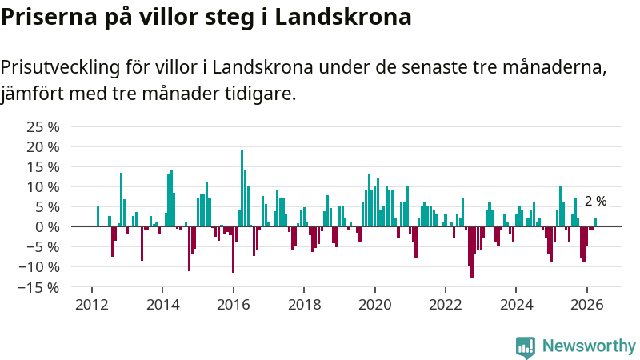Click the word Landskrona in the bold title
(343, 17)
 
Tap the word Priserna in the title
(49, 17)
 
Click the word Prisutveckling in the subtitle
(60, 68)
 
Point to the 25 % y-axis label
(43, 127)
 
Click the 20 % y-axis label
(43, 147)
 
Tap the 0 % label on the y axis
(47, 227)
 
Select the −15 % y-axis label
(38, 288)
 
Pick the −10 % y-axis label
(38, 267)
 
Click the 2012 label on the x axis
(92, 305)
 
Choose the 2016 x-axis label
(233, 305)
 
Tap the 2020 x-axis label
(374, 305)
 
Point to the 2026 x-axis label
(587, 305)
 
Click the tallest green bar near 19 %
(242, 188)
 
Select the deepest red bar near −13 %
(472, 252)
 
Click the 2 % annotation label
(595, 202)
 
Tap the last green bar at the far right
(595, 222)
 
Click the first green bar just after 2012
(98, 216)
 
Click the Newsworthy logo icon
(526, 347)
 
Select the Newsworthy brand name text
(589, 346)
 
